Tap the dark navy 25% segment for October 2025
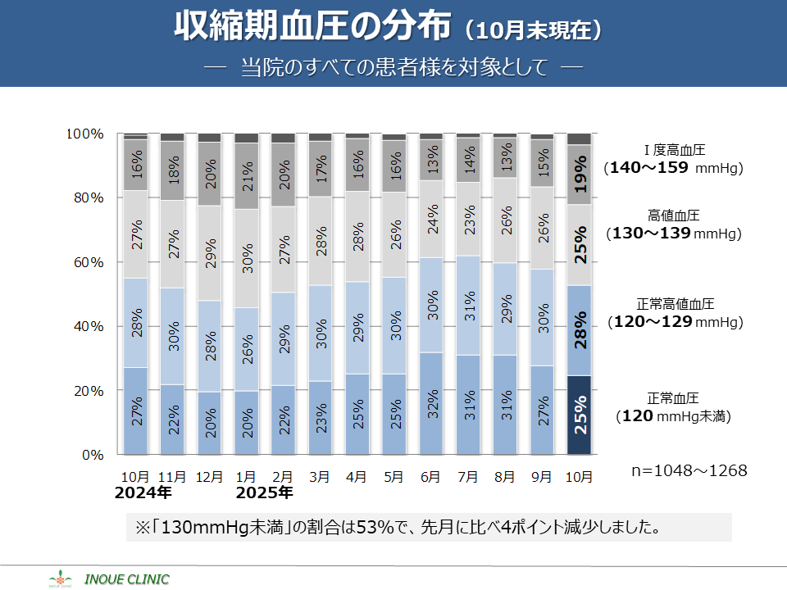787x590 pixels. [x=580, y=415]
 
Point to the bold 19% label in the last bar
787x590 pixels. [x=580, y=175]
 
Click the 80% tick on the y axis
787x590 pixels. [x=85, y=197]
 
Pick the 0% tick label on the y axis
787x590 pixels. [x=91, y=455]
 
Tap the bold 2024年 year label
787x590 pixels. [x=143, y=493]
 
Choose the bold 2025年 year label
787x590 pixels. [x=263, y=493]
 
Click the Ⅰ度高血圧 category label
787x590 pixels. [x=674, y=151]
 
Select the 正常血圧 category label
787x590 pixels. [x=673, y=398]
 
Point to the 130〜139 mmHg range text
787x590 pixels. [x=673, y=234]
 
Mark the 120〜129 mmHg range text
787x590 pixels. [x=673, y=322]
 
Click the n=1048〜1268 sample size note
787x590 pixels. [x=689, y=471]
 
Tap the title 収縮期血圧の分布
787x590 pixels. [x=312, y=27]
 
